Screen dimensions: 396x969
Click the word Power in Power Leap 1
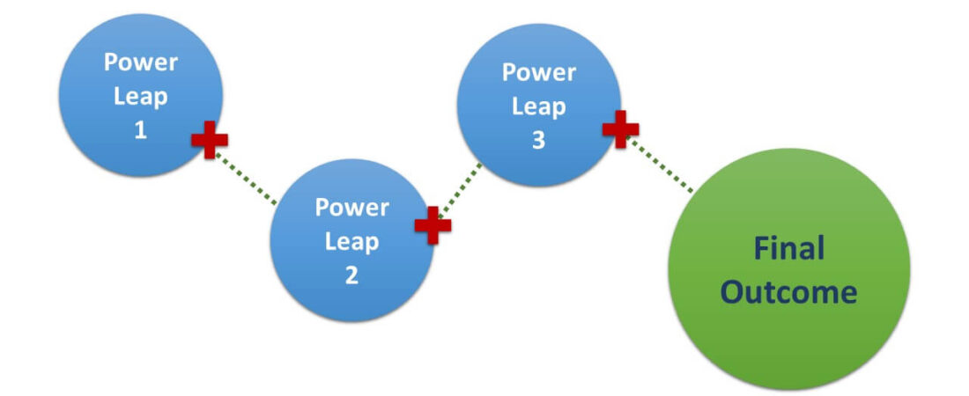click(140, 63)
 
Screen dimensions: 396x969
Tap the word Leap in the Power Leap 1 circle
click(140, 96)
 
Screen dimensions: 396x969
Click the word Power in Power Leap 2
click(351, 208)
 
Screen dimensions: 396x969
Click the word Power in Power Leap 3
click(538, 72)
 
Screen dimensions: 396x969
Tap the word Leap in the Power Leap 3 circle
click(538, 106)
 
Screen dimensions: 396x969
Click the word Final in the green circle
click(788, 249)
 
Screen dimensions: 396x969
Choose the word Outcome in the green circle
click(788, 291)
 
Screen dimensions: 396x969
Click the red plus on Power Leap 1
click(210, 141)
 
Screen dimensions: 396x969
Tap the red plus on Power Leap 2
click(433, 225)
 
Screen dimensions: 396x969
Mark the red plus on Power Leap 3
click(620, 129)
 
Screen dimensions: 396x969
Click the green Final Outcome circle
click(788, 334)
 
